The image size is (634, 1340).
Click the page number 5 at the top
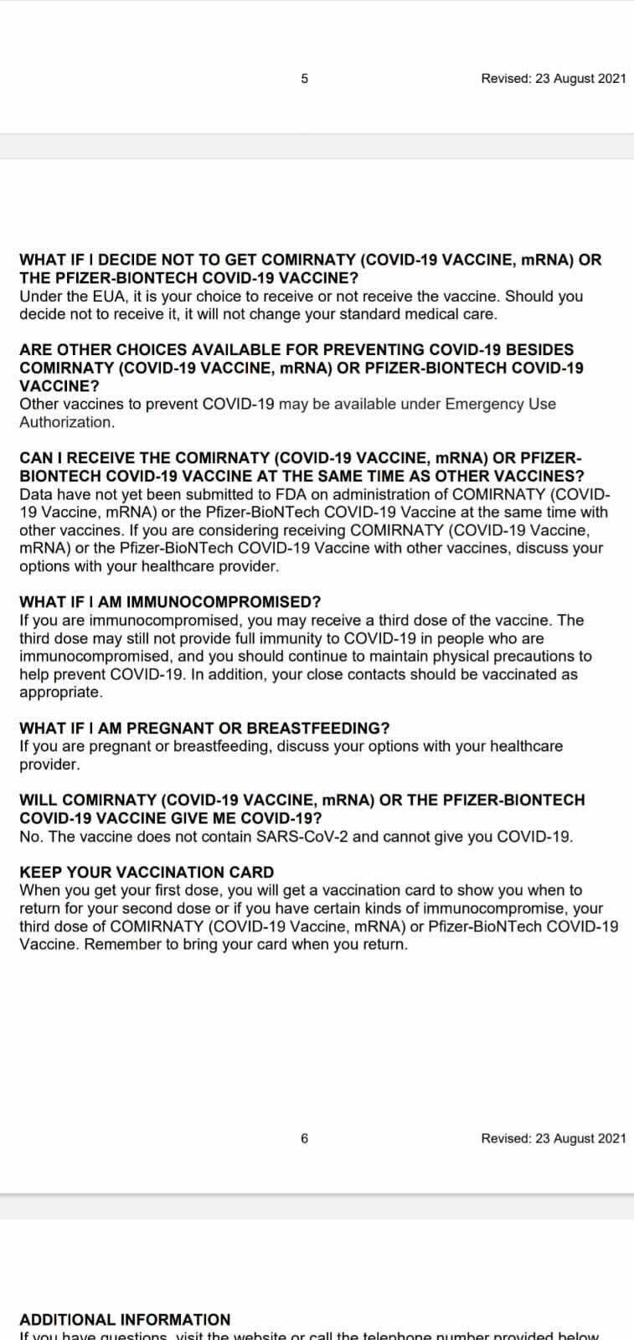[x=304, y=79]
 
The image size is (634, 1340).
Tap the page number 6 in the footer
[x=304, y=1138]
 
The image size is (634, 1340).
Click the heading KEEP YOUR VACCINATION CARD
[x=147, y=872]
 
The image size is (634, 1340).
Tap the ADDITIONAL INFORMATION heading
[x=125, y=1319]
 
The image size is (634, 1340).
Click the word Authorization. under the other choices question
[x=67, y=422]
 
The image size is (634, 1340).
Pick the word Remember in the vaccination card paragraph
[x=112, y=944]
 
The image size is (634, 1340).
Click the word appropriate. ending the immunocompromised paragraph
[x=61, y=693]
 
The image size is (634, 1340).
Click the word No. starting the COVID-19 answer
[x=30, y=836]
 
